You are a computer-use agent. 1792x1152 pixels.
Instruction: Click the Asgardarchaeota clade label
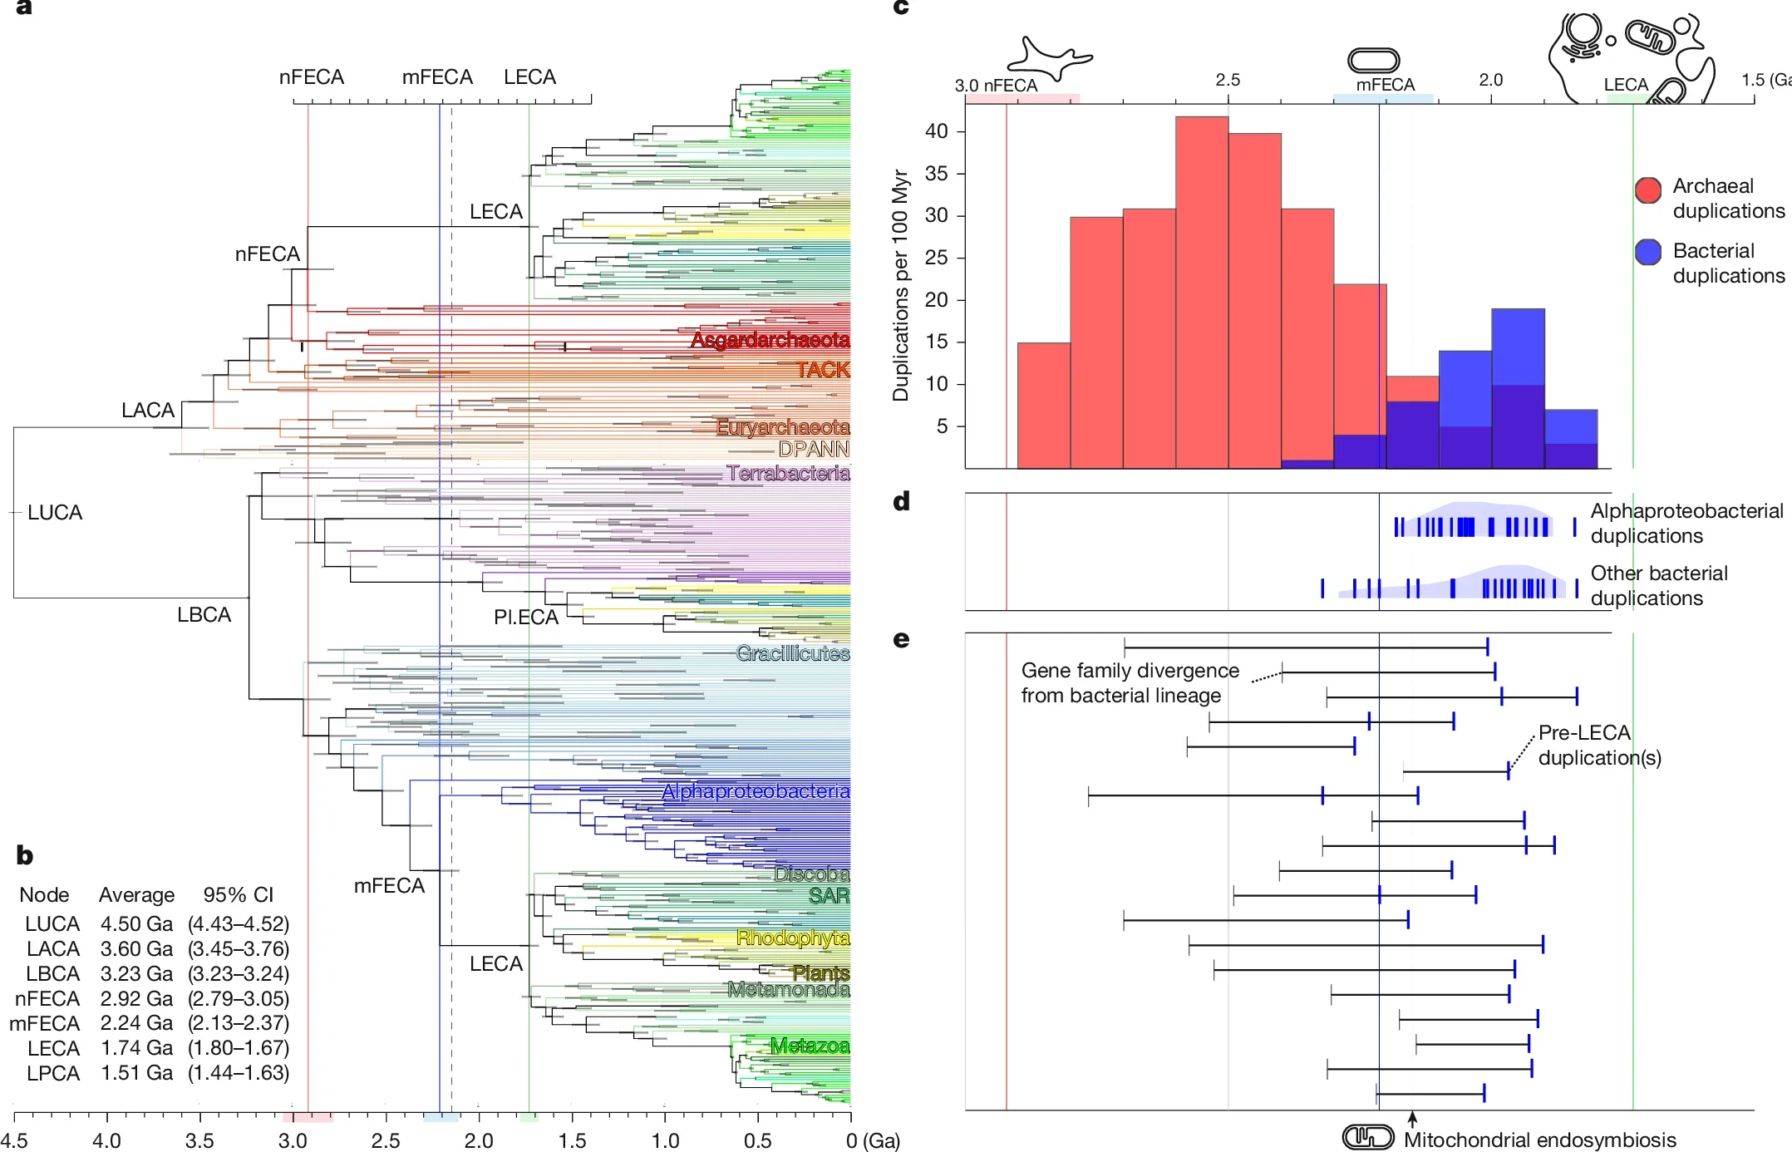770,340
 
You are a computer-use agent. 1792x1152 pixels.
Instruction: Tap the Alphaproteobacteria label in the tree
755,791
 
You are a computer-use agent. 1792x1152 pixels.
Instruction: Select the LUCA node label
55,512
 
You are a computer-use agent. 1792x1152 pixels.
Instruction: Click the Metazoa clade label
810,1046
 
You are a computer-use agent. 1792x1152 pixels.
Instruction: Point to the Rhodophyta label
793,938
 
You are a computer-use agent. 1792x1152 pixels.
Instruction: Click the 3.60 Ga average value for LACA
136,948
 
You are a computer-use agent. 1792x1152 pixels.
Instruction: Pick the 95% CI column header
238,894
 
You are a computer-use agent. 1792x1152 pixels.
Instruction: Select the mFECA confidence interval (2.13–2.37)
239,1023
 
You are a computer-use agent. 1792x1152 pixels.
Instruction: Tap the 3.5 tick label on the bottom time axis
199,1140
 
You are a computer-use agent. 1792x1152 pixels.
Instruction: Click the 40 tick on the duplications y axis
936,131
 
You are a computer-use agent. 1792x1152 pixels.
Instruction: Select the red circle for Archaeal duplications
1647,190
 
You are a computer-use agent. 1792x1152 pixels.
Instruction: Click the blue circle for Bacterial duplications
1647,252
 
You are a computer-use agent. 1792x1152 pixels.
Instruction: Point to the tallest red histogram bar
1202,291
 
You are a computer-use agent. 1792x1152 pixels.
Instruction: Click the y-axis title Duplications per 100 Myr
900,285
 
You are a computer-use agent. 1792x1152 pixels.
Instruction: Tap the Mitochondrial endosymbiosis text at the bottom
1539,1140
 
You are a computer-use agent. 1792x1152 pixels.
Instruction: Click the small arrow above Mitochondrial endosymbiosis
1411,1119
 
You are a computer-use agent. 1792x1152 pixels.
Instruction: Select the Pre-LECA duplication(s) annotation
1598,745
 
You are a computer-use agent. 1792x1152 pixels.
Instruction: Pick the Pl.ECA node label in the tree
525,617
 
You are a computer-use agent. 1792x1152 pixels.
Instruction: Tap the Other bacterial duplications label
1658,585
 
